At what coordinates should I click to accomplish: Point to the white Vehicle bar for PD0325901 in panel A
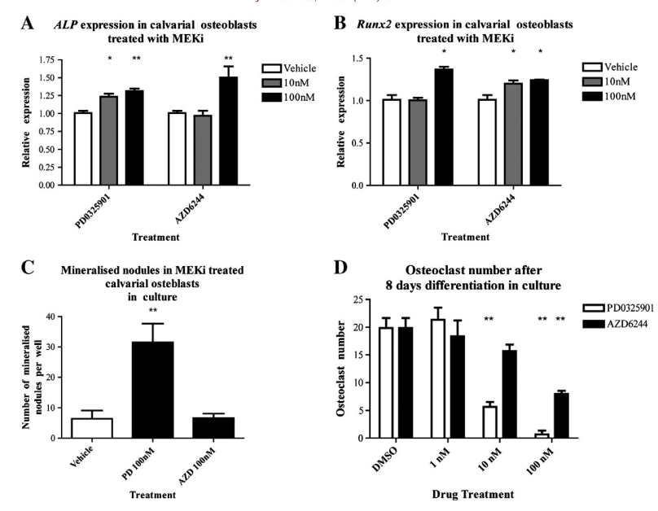pyautogui.click(x=82, y=148)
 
